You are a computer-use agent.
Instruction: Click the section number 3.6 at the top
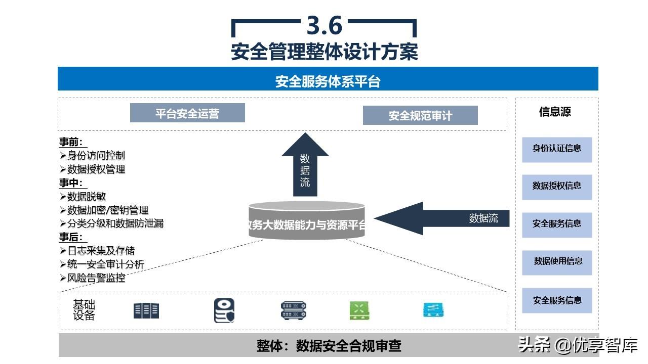coord(325,25)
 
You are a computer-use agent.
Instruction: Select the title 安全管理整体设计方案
coord(325,52)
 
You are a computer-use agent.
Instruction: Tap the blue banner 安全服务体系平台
coord(328,81)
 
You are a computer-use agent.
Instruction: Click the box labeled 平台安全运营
coord(187,113)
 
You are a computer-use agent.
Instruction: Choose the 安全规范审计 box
coord(420,116)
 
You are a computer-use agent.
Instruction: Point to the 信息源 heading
coord(555,112)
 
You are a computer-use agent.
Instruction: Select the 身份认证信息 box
coord(557,149)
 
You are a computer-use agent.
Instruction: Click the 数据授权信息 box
coord(557,186)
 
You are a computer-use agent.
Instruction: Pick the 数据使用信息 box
coord(557,261)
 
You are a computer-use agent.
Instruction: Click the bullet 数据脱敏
coord(87,197)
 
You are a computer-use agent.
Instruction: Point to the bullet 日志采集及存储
coord(101,251)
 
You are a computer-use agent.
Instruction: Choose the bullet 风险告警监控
coord(96,278)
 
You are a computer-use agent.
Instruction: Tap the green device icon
coord(359,310)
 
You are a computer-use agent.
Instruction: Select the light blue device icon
coord(433,310)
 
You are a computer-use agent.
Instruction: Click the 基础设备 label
coord(84,310)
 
